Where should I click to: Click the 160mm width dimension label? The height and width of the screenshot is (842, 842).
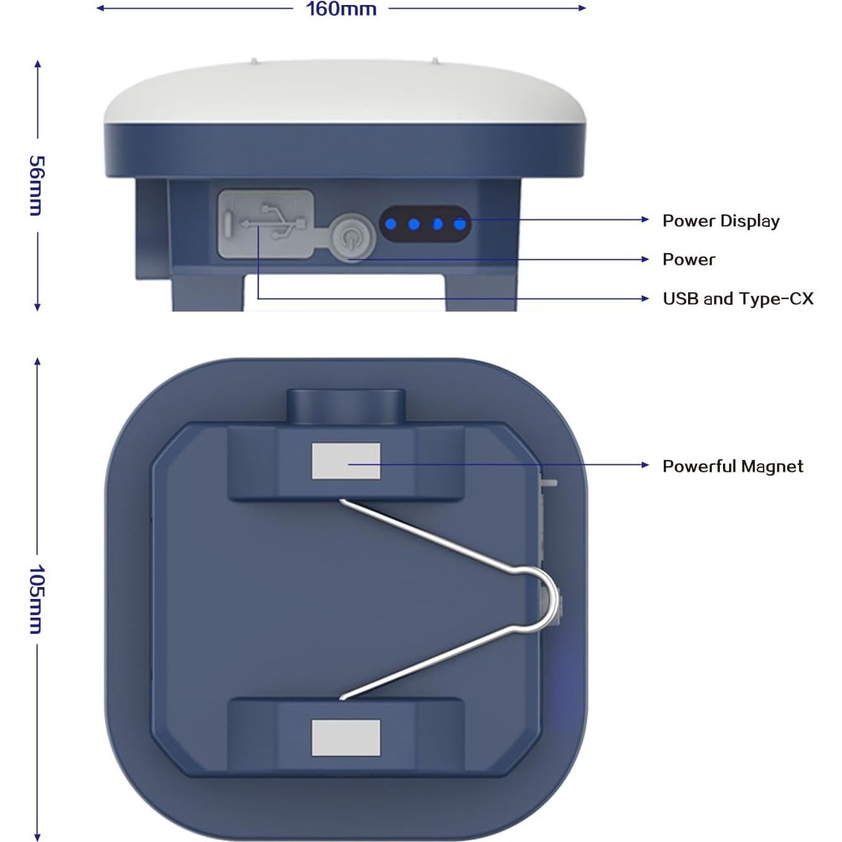(x=342, y=9)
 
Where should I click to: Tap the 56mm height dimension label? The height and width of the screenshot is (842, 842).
(x=36, y=185)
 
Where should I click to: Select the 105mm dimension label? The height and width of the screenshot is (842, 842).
(x=36, y=598)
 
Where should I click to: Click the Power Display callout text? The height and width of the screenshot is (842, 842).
(x=721, y=221)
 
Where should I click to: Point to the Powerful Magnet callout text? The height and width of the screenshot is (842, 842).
(x=733, y=466)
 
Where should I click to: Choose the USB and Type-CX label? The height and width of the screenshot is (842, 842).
(x=738, y=299)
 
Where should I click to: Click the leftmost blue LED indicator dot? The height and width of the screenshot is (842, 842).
(x=391, y=224)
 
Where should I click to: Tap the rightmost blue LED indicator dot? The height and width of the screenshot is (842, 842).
(x=460, y=224)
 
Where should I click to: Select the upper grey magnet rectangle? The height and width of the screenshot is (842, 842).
(x=346, y=461)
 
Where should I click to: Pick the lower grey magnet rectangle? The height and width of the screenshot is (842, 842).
(x=346, y=738)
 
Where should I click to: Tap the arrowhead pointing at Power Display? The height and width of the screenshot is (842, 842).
(x=645, y=219)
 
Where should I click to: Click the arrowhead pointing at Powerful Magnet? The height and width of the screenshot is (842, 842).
(x=645, y=465)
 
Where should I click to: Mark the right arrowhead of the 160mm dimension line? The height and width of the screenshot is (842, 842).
(x=582, y=8)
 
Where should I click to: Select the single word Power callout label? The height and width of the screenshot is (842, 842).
(x=689, y=259)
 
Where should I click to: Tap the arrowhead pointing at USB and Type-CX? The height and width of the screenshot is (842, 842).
(x=645, y=299)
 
